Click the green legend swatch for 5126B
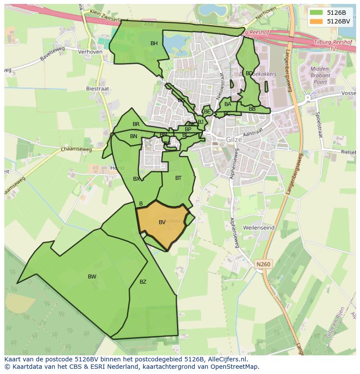[316, 12]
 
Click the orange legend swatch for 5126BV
[316, 21]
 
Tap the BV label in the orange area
[162, 222]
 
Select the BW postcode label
[92, 277]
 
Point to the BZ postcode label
[143, 282]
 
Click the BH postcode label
[154, 43]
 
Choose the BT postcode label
[178, 178]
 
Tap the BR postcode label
[136, 124]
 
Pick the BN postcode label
[133, 136]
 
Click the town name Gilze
[234, 140]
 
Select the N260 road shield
[263, 264]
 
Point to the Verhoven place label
[90, 52]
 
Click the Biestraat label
[98, 89]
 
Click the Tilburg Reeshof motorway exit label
[331, 43]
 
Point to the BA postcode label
[228, 104]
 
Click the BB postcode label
[252, 109]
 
